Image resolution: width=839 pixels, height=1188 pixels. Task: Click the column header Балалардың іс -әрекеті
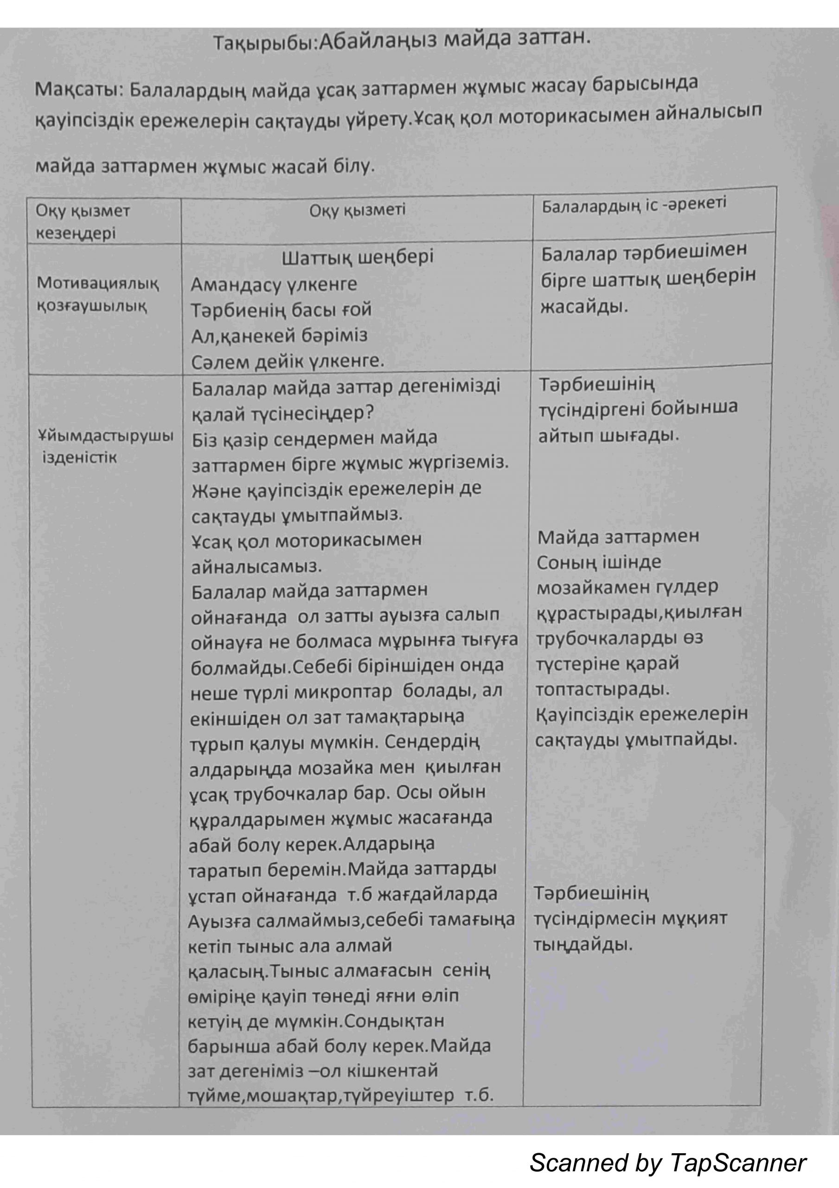point(634,205)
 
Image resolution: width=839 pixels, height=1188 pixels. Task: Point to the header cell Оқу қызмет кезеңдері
point(83,222)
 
